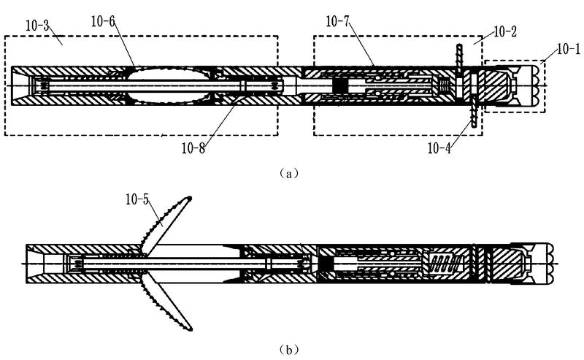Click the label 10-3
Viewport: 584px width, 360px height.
coord(37,26)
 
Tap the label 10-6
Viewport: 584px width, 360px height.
coord(103,22)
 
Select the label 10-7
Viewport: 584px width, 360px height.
coord(337,22)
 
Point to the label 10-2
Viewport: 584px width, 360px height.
coord(505,31)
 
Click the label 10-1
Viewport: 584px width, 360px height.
coord(569,49)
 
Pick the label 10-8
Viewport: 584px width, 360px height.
coord(193,149)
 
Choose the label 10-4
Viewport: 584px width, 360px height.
coord(439,149)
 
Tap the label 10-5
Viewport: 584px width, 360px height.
coord(137,200)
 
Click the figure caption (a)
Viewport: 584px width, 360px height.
coord(288,173)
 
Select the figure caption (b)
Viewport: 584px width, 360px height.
coord(288,350)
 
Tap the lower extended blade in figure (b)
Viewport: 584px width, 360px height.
coord(166,302)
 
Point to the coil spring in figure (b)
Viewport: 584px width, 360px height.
coord(445,264)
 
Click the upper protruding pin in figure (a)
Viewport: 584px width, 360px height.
coord(459,56)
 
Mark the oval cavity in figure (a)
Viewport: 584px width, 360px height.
coord(169,85)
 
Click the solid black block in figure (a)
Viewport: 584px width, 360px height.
coord(339,85)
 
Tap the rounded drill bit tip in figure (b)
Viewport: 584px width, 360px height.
coord(550,264)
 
